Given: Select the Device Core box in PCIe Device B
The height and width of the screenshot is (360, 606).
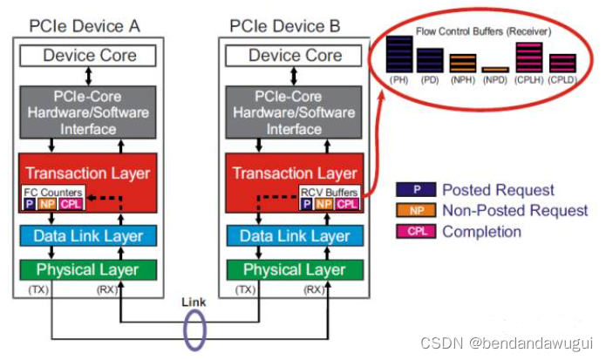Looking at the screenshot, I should pos(296,56).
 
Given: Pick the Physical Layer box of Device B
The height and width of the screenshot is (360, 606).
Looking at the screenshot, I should pos(296,269).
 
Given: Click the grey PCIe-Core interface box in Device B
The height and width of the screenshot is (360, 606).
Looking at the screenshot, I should pos(296,112).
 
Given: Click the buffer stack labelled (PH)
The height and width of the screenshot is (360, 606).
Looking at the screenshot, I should pos(400,54).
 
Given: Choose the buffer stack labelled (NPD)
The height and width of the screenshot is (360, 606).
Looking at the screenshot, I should pos(494,69).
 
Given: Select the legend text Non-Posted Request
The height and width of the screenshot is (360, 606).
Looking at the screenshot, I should pos(515,211).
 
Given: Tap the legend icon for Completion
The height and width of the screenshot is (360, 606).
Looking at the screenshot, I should pos(426,232).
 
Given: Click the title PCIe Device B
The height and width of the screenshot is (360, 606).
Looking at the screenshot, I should pos(295,26).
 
